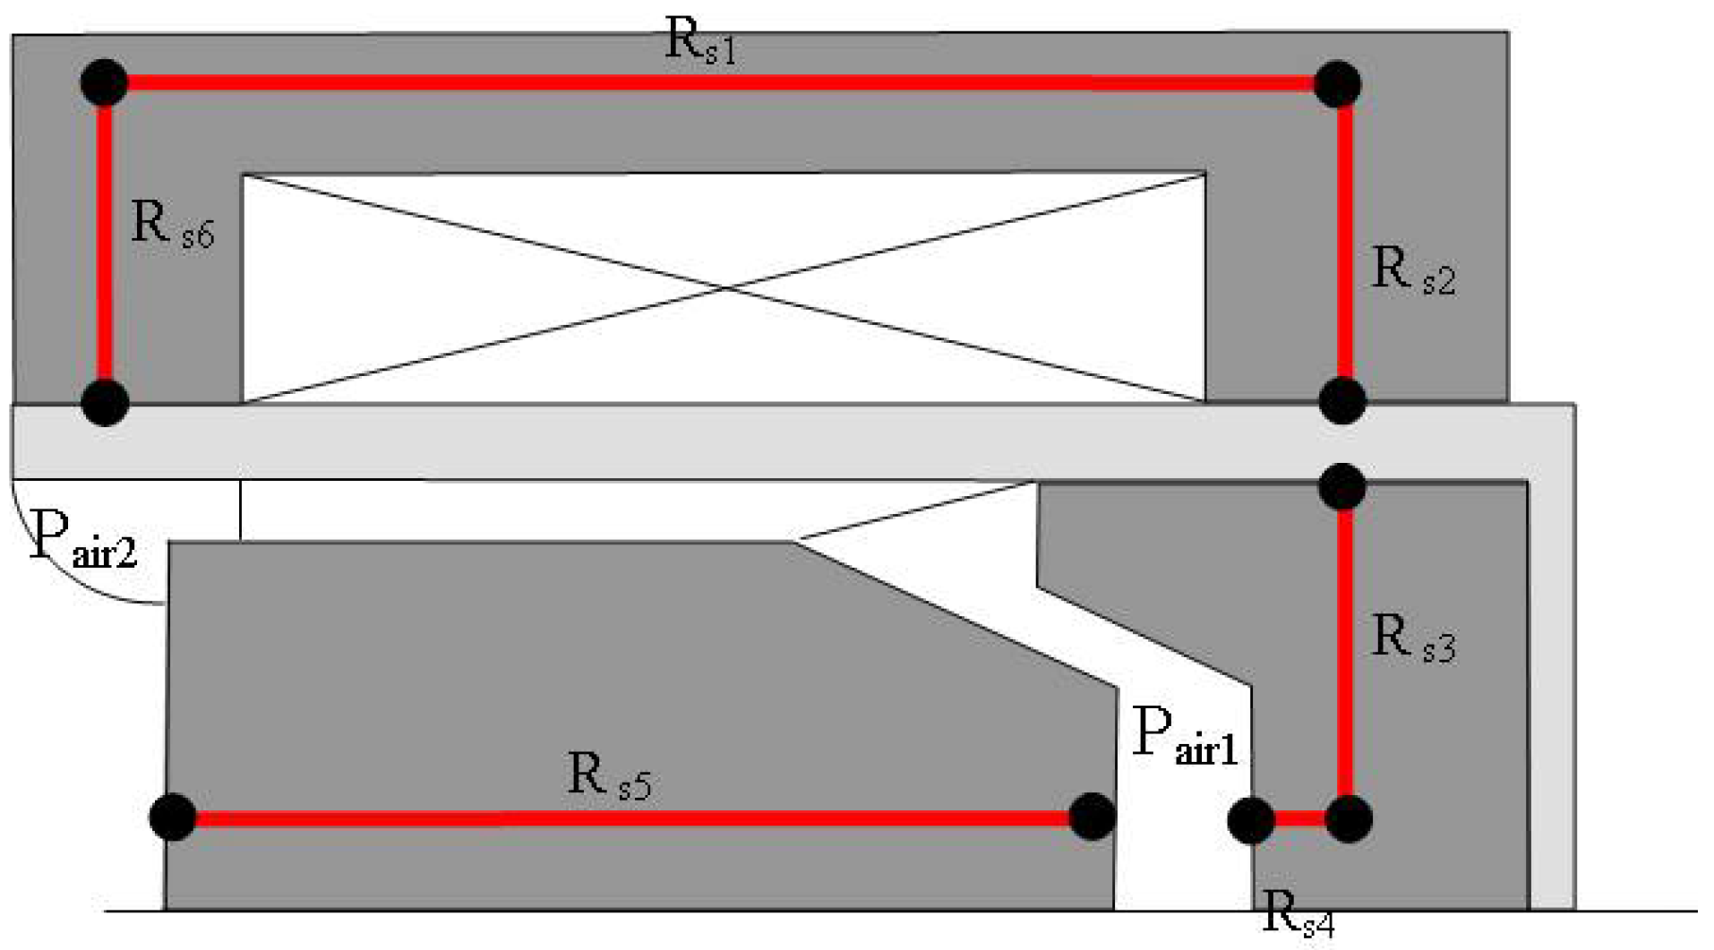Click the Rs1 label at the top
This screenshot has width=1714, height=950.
[x=700, y=43]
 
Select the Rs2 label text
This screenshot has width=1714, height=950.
[x=1412, y=270]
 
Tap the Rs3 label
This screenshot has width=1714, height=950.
[x=1412, y=639]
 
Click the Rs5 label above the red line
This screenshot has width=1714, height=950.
[x=609, y=776]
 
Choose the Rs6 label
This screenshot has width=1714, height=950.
[x=172, y=224]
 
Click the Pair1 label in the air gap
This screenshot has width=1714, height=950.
[x=1184, y=736]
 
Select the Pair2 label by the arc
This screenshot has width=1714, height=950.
[x=82, y=539]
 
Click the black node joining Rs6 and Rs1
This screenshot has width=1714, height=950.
[x=104, y=83]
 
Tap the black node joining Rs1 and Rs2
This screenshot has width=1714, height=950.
[x=1337, y=85]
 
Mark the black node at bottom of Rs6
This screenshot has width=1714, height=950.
[x=105, y=402]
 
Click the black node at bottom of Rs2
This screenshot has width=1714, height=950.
[x=1341, y=400]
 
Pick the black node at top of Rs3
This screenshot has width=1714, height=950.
[x=1341, y=487]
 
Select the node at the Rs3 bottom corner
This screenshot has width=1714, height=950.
[x=1348, y=818]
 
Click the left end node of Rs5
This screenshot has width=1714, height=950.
[x=173, y=817]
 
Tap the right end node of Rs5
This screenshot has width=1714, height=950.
[x=1092, y=817]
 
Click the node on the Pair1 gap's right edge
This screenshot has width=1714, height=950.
[x=1251, y=820]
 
